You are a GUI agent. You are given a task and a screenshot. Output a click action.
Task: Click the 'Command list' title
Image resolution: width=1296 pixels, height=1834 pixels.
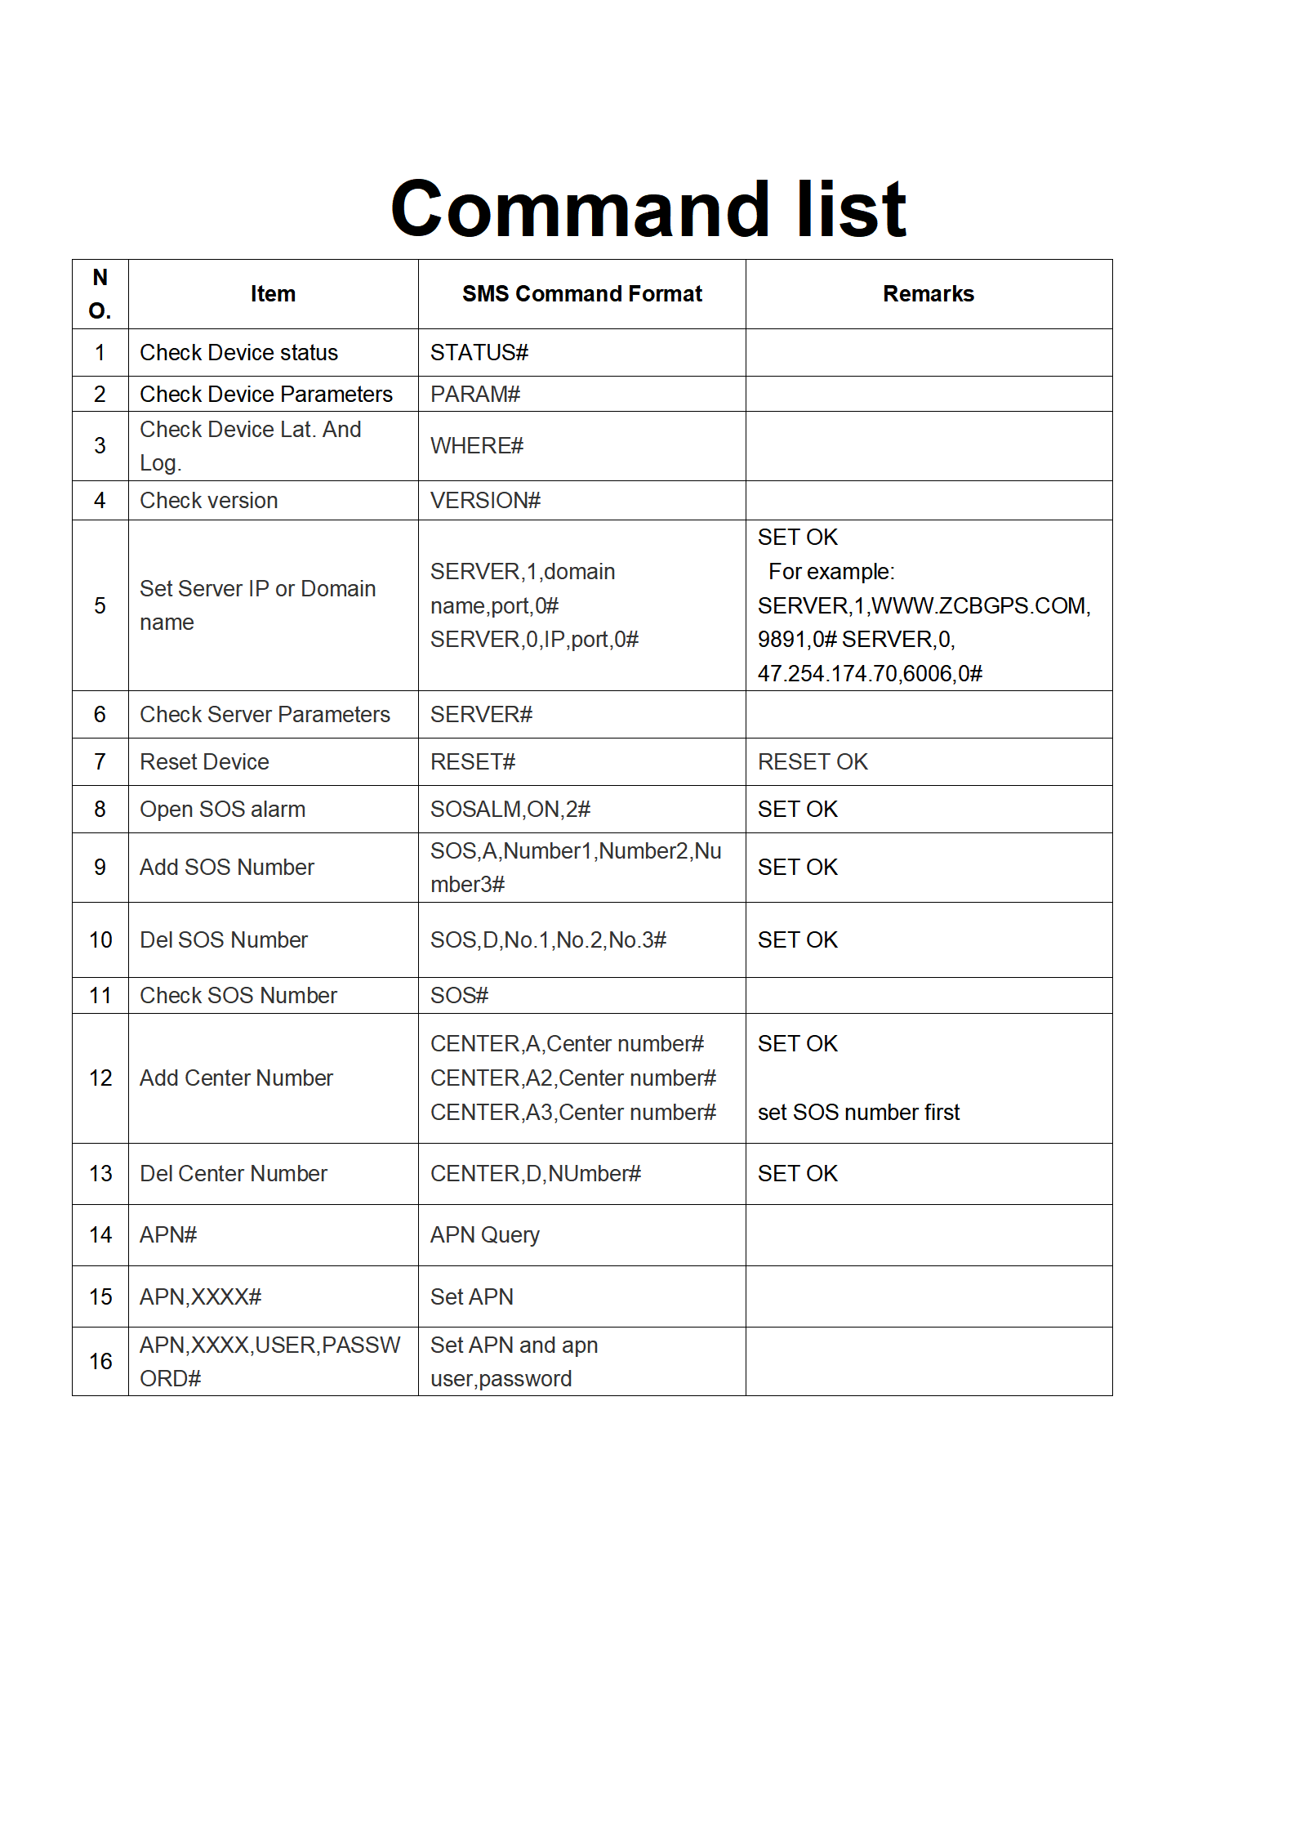click(648, 209)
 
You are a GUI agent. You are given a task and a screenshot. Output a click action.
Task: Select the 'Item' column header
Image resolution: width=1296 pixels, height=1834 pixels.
click(273, 294)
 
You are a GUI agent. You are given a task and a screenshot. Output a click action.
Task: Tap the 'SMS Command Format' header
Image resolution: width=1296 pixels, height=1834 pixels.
click(581, 294)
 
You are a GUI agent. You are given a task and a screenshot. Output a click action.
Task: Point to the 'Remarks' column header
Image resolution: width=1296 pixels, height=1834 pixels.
click(928, 294)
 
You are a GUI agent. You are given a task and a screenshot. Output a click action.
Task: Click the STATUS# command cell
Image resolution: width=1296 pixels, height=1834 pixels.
click(479, 353)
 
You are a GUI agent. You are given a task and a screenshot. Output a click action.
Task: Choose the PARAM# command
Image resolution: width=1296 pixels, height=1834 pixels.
click(475, 395)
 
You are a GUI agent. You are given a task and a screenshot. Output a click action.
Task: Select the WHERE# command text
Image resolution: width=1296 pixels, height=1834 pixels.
click(477, 446)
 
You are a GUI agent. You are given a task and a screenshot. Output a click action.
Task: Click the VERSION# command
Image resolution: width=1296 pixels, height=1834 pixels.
click(485, 501)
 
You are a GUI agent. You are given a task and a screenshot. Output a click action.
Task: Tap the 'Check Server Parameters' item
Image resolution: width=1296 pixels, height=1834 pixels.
click(265, 715)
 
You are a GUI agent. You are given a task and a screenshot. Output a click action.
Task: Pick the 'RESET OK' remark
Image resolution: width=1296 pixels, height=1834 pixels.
click(813, 762)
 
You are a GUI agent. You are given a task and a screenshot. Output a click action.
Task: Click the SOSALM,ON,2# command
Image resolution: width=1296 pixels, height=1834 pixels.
click(510, 810)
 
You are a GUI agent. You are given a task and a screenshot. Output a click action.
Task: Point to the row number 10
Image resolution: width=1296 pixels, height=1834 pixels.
click(100, 940)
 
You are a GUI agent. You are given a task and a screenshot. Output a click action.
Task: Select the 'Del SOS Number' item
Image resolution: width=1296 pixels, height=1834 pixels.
click(224, 940)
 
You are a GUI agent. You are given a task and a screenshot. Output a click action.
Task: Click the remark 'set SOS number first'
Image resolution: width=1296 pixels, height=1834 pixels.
click(858, 1113)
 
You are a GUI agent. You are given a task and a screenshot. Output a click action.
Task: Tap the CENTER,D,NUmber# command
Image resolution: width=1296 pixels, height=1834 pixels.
click(536, 1174)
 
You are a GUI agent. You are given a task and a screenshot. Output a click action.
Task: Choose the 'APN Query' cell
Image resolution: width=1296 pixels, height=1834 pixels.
click(485, 1235)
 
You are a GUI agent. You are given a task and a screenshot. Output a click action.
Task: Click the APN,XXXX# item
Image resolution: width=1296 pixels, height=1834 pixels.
click(201, 1297)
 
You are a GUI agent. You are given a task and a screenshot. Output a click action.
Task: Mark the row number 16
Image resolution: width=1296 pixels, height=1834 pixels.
click(100, 1362)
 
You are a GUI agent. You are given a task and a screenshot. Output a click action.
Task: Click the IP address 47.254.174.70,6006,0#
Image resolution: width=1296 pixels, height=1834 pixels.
click(870, 674)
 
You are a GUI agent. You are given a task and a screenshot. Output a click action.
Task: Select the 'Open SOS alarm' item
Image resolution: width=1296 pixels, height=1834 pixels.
click(222, 810)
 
